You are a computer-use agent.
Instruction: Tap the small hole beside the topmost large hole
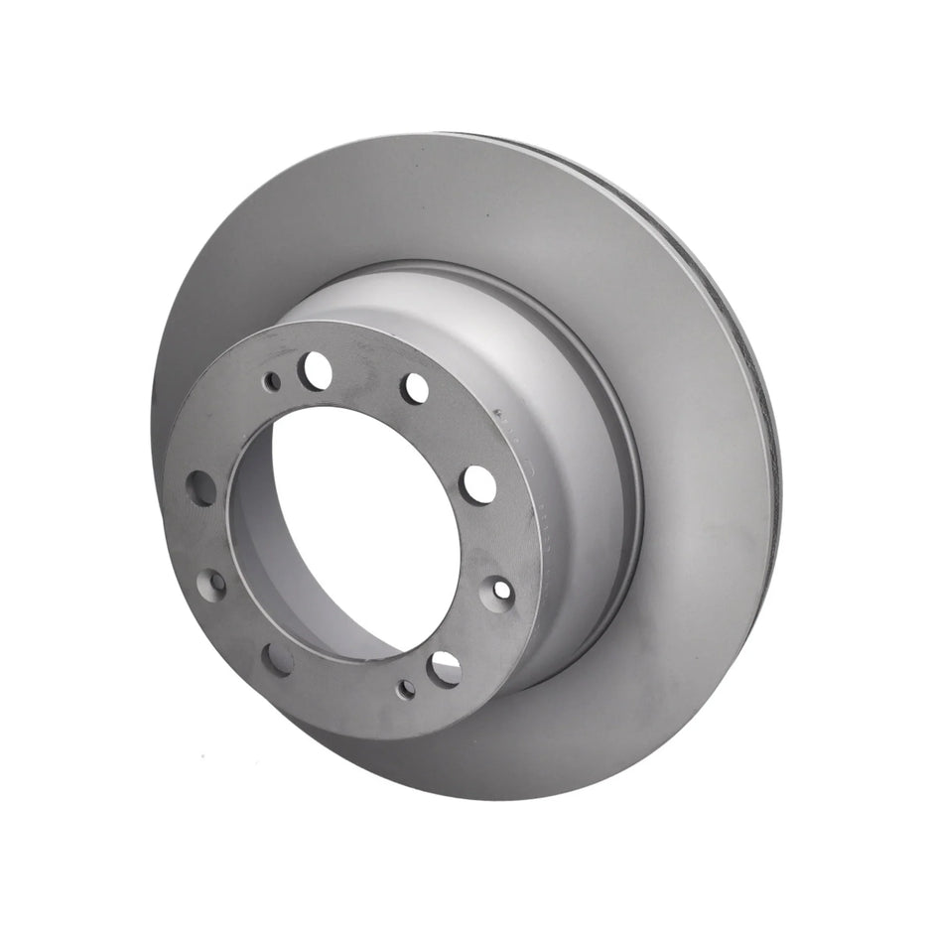[272, 380]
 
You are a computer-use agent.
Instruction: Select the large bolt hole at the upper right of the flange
[416, 388]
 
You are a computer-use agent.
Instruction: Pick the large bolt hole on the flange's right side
[478, 482]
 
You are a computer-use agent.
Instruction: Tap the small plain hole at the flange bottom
[405, 688]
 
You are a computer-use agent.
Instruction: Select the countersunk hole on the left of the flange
[211, 586]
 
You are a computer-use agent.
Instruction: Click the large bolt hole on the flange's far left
[201, 488]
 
